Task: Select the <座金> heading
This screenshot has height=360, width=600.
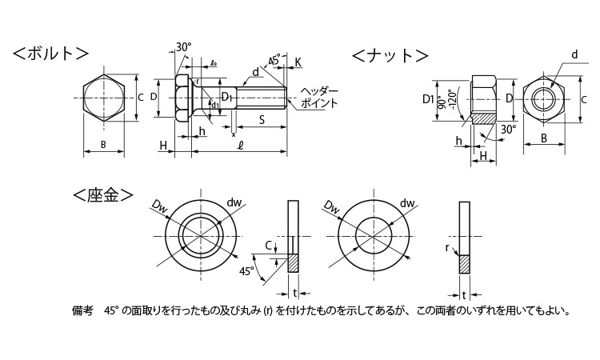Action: (x=103, y=195)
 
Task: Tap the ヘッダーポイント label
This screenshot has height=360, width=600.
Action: (x=321, y=97)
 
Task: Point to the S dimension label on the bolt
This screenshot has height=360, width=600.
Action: (x=262, y=120)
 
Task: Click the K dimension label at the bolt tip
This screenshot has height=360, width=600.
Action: (x=298, y=62)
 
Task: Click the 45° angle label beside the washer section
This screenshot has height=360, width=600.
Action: (x=247, y=272)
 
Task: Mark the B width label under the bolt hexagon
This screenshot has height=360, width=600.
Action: (x=105, y=145)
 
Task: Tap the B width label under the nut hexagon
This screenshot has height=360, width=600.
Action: (x=543, y=138)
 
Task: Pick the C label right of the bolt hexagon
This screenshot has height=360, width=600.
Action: (x=140, y=98)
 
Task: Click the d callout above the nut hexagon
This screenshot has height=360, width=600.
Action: (x=574, y=54)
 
